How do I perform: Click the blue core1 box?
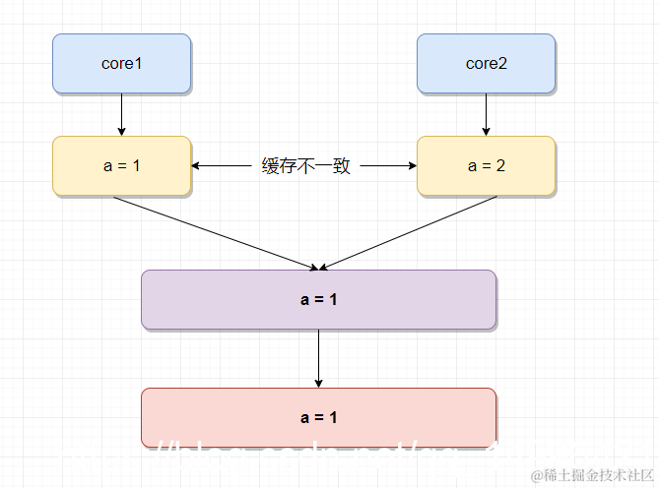[x=121, y=64]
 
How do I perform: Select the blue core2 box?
[x=486, y=64]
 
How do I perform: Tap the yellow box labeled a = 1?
[x=121, y=166]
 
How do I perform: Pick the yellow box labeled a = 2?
[x=486, y=166]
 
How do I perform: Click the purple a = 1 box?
[x=318, y=299]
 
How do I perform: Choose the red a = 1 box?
[x=318, y=417]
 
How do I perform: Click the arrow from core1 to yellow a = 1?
[x=121, y=114]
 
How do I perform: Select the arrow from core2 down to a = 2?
[x=486, y=114]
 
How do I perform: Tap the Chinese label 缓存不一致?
[x=305, y=166]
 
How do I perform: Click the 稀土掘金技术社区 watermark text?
[x=589, y=475]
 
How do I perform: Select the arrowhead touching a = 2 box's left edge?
[x=412, y=166]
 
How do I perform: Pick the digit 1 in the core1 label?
[x=139, y=64]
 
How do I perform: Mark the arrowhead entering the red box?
[x=318, y=383]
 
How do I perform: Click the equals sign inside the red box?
[x=318, y=417]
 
